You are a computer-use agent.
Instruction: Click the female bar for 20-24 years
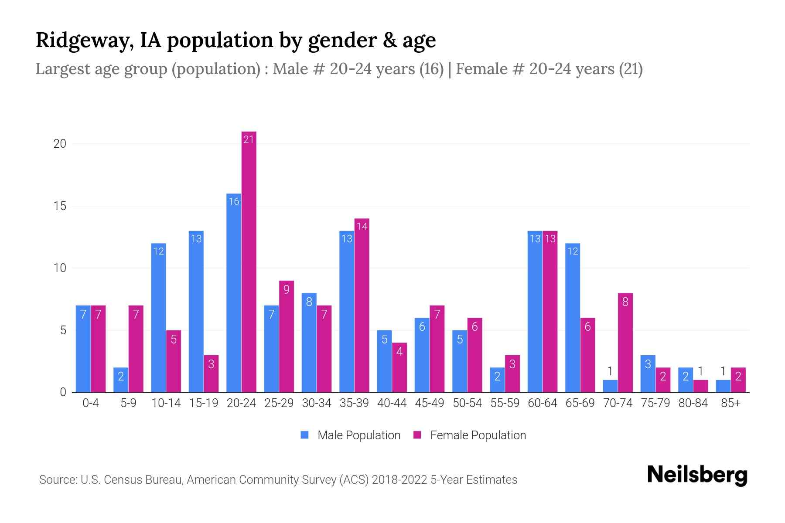click(x=249, y=261)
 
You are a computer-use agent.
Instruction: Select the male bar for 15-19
click(x=196, y=312)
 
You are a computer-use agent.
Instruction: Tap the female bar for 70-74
click(x=625, y=343)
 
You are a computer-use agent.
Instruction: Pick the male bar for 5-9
click(x=121, y=380)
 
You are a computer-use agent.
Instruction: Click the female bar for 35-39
click(x=362, y=305)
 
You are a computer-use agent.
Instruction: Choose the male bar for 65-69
click(x=573, y=318)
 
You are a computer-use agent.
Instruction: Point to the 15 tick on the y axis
click(x=60, y=206)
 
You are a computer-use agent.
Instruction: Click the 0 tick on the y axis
click(x=63, y=392)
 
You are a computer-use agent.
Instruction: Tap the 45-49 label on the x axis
click(x=430, y=403)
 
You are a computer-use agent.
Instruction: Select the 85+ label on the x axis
click(x=730, y=403)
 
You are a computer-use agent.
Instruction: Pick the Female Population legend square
click(x=417, y=435)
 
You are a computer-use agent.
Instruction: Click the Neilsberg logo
click(x=697, y=475)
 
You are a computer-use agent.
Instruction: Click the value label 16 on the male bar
click(x=234, y=201)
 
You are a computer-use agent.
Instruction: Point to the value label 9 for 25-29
click(x=286, y=289)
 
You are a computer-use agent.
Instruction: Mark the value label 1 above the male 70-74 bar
click(x=610, y=371)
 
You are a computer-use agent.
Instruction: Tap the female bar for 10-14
click(x=174, y=361)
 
